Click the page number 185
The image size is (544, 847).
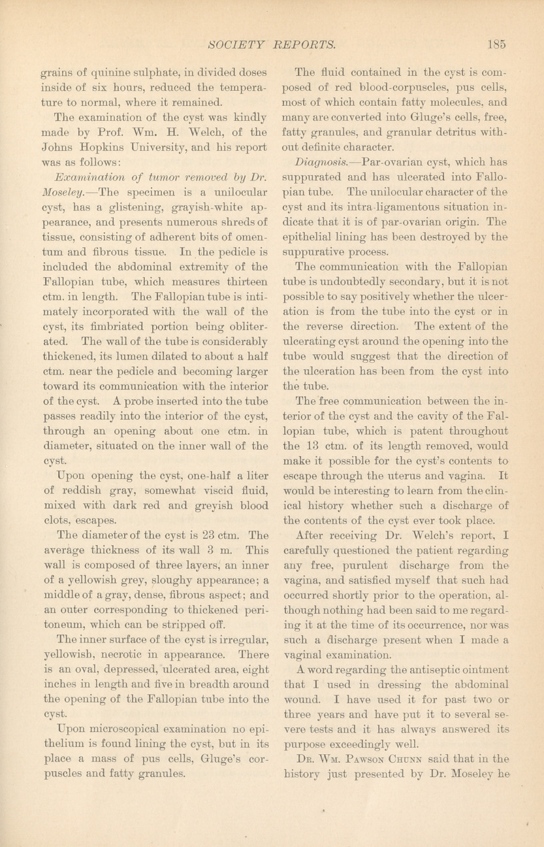click(497, 45)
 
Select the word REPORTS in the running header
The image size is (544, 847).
click(304, 45)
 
